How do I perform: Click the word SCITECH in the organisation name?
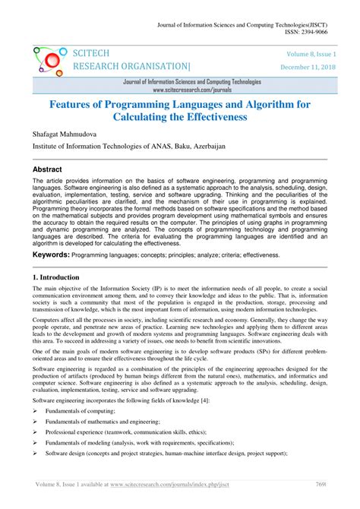(x=90, y=53)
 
